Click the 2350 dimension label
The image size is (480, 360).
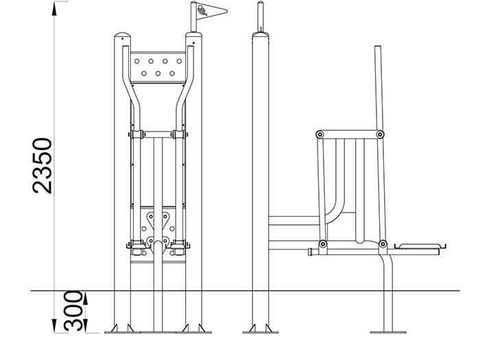tap(43, 166)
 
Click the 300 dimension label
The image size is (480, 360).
tap(73, 311)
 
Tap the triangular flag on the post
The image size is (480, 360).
tap(211, 12)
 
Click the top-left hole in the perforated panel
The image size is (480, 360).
tap(137, 61)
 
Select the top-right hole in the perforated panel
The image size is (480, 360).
tap(179, 61)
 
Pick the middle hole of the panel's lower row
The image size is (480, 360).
tap(158, 73)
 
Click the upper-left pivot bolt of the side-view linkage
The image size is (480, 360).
tap(320, 134)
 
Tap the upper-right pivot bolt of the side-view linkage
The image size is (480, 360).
tap(380, 134)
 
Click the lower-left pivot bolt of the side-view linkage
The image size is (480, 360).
tap(323, 244)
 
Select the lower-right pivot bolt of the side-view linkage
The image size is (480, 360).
tap(383, 244)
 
